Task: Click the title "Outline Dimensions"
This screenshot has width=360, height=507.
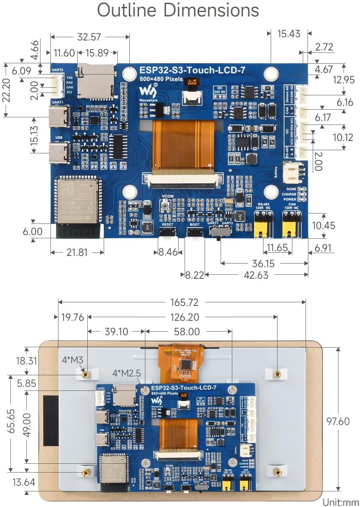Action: coord(178,10)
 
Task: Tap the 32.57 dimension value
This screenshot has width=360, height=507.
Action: coord(89,37)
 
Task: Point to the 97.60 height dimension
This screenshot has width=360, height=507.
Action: coord(338,421)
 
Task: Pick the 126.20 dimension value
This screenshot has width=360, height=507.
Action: coord(184,317)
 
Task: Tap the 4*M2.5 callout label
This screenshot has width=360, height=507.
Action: coord(127,373)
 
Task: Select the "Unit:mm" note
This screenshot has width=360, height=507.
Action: coord(341,501)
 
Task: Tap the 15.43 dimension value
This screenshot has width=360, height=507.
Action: coord(289,34)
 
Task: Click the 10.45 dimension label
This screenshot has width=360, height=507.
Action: coord(324,225)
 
